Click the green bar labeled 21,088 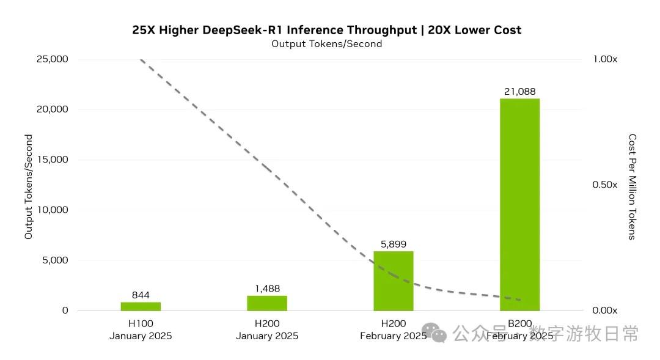tap(519, 204)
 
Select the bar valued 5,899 tap(394, 281)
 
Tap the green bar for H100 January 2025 tap(141, 306)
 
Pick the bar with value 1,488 tap(267, 303)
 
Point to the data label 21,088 tap(519, 92)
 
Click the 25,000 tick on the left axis tap(52, 59)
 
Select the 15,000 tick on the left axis tap(52, 160)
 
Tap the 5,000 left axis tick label tap(54, 260)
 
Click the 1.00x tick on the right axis tap(605, 59)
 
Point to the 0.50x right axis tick tap(605, 185)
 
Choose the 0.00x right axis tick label tap(605, 310)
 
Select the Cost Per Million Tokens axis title tap(632, 186)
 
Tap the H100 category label tap(141, 323)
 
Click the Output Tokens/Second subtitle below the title tap(327, 44)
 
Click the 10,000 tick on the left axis tap(52, 210)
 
